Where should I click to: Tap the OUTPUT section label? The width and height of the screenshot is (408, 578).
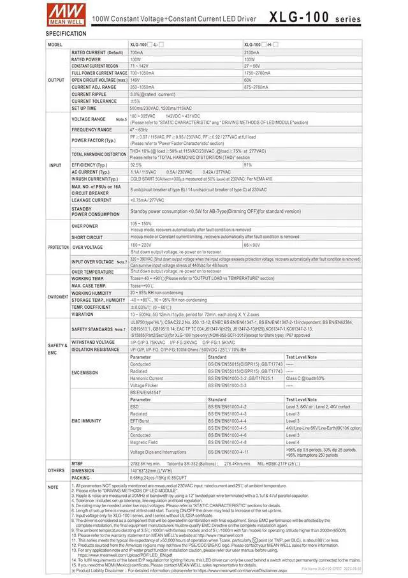coord(56,80)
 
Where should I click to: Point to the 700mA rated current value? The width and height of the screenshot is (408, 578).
coord(136,52)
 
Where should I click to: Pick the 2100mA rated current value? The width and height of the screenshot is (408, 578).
coord(251,52)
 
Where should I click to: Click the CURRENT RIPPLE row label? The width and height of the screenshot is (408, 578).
coord(89,94)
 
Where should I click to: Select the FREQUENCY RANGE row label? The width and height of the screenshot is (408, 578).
coord(91,130)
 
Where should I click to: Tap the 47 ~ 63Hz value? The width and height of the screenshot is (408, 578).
coord(138,130)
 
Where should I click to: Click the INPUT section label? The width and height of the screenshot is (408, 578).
coord(55,165)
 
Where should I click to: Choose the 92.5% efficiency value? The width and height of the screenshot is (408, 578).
coord(136,165)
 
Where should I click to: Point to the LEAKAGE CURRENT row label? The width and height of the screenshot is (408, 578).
coord(91,200)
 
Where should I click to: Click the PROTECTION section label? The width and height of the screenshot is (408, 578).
coord(58,246)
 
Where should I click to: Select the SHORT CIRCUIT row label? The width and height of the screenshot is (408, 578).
coord(87,237)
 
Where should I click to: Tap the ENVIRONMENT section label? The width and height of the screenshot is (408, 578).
coord(58,297)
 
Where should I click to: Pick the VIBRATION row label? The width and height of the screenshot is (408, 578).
coord(82,314)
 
